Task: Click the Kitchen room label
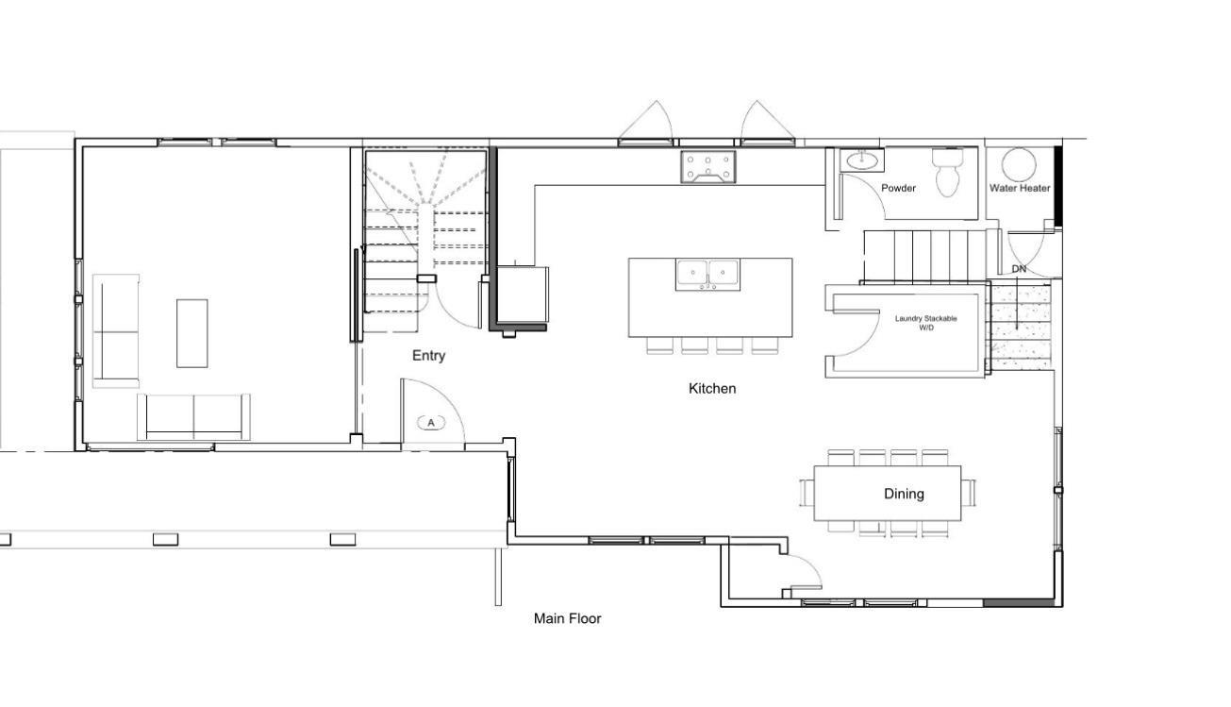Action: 712,388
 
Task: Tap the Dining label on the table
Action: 904,494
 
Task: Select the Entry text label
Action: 428,356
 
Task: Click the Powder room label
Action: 898,188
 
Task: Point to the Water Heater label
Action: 1019,188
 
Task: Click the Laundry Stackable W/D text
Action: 925,323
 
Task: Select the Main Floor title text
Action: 567,619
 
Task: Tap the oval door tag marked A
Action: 431,423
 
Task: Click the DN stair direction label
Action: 1019,269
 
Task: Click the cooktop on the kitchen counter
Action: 707,167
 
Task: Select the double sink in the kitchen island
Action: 707,274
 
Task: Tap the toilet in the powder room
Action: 948,173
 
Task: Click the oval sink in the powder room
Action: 860,160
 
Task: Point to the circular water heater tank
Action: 1018,165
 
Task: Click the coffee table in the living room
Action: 191,333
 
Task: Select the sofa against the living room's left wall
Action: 115,330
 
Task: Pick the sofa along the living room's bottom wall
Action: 194,415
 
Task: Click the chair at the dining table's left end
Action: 807,493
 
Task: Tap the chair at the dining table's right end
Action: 969,493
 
